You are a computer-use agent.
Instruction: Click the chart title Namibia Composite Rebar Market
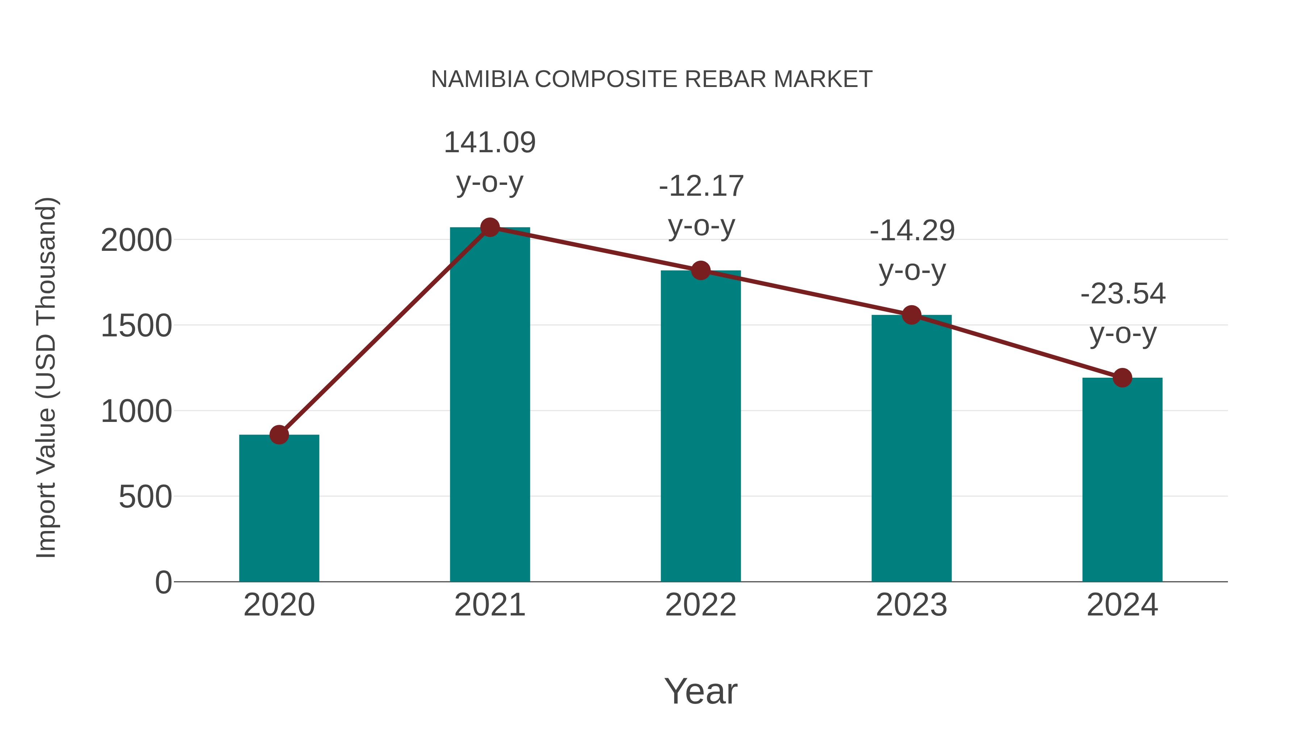(652, 79)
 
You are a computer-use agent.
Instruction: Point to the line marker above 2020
(279, 435)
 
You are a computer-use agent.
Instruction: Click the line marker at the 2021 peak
(489, 227)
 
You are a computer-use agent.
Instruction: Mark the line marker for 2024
(1122, 377)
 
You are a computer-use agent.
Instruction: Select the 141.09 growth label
(489, 143)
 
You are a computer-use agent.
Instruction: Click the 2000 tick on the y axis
(136, 241)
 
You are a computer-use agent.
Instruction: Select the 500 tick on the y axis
(145, 497)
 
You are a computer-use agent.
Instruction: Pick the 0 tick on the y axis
(163, 582)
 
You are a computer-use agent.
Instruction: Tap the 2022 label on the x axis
(701, 605)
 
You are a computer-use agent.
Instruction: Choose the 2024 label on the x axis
(1122, 605)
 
